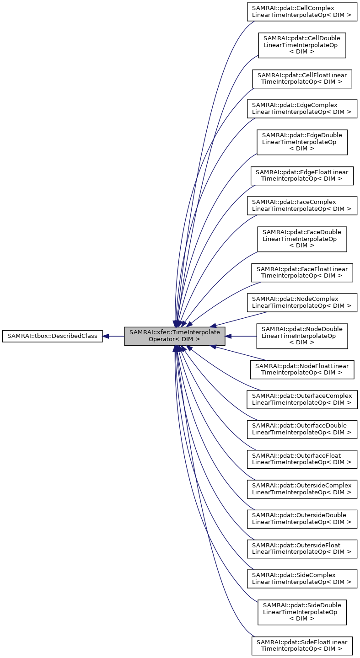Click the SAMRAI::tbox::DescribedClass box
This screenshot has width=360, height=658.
[52, 336]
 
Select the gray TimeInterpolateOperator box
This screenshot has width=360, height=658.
[175, 336]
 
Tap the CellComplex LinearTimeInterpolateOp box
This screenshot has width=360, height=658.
[302, 12]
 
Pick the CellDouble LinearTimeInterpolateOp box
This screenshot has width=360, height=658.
[302, 45]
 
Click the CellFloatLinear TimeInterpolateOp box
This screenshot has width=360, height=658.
[302, 79]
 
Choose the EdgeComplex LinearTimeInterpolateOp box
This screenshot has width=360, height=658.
[302, 108]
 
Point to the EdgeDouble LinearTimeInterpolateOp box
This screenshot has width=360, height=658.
[302, 142]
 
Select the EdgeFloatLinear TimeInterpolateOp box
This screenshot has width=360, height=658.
[302, 176]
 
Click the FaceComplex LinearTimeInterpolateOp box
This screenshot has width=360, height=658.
[302, 205]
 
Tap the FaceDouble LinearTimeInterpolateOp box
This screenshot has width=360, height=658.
[302, 239]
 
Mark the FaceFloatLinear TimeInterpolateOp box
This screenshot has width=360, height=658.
[302, 273]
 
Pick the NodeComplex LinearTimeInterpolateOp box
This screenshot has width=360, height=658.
[302, 302]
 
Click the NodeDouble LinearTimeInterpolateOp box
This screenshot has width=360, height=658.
[302, 336]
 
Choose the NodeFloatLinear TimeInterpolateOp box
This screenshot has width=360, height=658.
[302, 369]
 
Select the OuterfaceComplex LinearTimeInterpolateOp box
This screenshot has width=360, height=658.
[302, 399]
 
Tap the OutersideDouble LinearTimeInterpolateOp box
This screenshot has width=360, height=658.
[302, 519]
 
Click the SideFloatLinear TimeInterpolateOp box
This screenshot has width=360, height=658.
[302, 645]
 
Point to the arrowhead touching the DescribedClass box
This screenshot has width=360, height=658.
[105, 336]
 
